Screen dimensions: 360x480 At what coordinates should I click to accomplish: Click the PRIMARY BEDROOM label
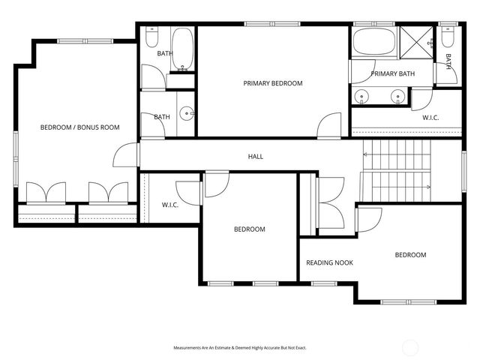273,83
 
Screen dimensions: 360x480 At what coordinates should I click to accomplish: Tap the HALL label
256,157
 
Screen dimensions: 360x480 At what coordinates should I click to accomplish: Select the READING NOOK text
329,262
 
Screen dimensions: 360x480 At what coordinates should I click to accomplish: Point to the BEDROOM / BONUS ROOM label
79,127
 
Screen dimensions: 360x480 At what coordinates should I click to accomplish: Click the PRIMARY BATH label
392,73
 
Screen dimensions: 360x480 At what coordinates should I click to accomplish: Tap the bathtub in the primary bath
373,42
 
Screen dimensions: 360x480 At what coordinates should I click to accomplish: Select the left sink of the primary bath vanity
363,96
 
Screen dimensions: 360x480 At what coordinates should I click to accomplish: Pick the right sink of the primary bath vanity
397,96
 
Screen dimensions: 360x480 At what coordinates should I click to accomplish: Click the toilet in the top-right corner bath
448,37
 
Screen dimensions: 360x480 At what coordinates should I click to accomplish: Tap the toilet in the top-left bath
153,37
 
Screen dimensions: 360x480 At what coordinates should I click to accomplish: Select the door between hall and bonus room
126,155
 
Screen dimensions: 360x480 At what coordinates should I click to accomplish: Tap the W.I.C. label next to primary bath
430,118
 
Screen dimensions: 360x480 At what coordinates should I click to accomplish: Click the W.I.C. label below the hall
169,205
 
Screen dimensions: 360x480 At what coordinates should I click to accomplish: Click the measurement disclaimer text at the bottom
240,348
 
